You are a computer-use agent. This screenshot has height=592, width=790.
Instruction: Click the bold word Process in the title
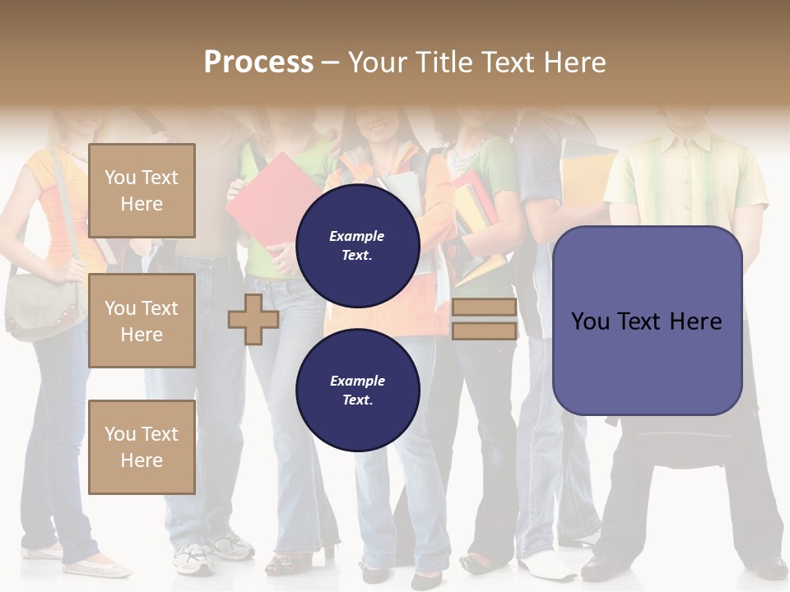pos(258,62)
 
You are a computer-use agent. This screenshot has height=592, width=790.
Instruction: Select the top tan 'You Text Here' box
pos(142,191)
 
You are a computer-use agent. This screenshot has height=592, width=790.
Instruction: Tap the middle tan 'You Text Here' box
pos(142,321)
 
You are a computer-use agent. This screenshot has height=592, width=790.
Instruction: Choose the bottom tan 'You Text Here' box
pos(142,447)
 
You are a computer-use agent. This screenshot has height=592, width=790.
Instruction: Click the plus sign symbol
pos(253,319)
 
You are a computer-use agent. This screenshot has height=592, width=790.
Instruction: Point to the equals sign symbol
pos(484,319)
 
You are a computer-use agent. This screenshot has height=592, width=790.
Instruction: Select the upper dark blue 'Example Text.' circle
pos(357,246)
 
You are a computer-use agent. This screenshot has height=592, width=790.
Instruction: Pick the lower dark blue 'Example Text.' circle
pos(357,390)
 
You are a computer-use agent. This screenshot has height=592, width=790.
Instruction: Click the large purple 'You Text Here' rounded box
pos(647,321)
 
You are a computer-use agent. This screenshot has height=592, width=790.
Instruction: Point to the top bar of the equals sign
pos(484,308)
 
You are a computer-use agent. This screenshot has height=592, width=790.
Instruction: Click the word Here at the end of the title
pos(575,62)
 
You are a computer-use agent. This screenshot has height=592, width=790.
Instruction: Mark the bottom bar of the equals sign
pos(484,331)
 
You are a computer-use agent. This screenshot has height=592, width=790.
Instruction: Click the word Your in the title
pos(379,62)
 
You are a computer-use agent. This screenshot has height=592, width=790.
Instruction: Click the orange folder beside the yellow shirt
pos(584,181)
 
